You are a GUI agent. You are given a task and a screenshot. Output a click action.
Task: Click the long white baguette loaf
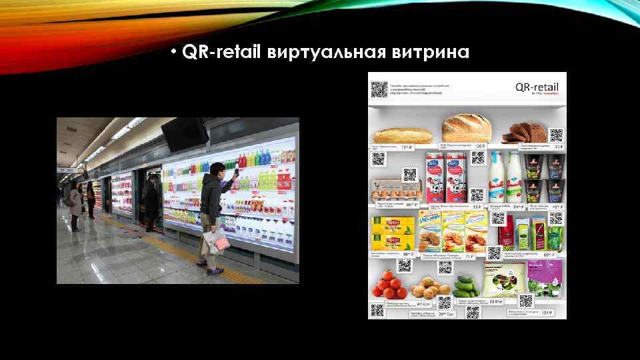(402, 135)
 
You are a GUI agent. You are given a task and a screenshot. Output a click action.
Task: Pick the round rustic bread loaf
(466, 128)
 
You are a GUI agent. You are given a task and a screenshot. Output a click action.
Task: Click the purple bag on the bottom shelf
(543, 283)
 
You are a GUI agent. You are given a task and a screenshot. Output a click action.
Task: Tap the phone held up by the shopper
(235, 173)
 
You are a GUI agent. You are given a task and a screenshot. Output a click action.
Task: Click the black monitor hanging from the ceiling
(184, 134)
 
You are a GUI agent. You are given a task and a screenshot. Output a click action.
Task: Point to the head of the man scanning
(215, 169)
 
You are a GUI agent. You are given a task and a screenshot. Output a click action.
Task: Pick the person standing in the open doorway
(153, 200)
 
